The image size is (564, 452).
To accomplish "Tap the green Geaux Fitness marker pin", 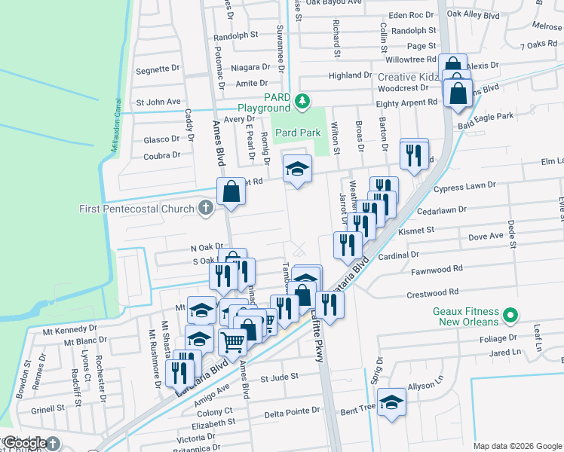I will (510, 314).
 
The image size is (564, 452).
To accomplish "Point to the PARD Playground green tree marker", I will (302, 100).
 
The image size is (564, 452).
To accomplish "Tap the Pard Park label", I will (298, 133).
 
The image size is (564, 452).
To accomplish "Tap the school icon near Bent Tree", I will (391, 402).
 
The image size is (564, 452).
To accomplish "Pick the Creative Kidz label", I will (408, 78).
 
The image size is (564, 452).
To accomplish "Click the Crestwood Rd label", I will (434, 292).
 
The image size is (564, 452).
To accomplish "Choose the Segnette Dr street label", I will (157, 70).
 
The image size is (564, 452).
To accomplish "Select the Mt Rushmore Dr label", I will (161, 353).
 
